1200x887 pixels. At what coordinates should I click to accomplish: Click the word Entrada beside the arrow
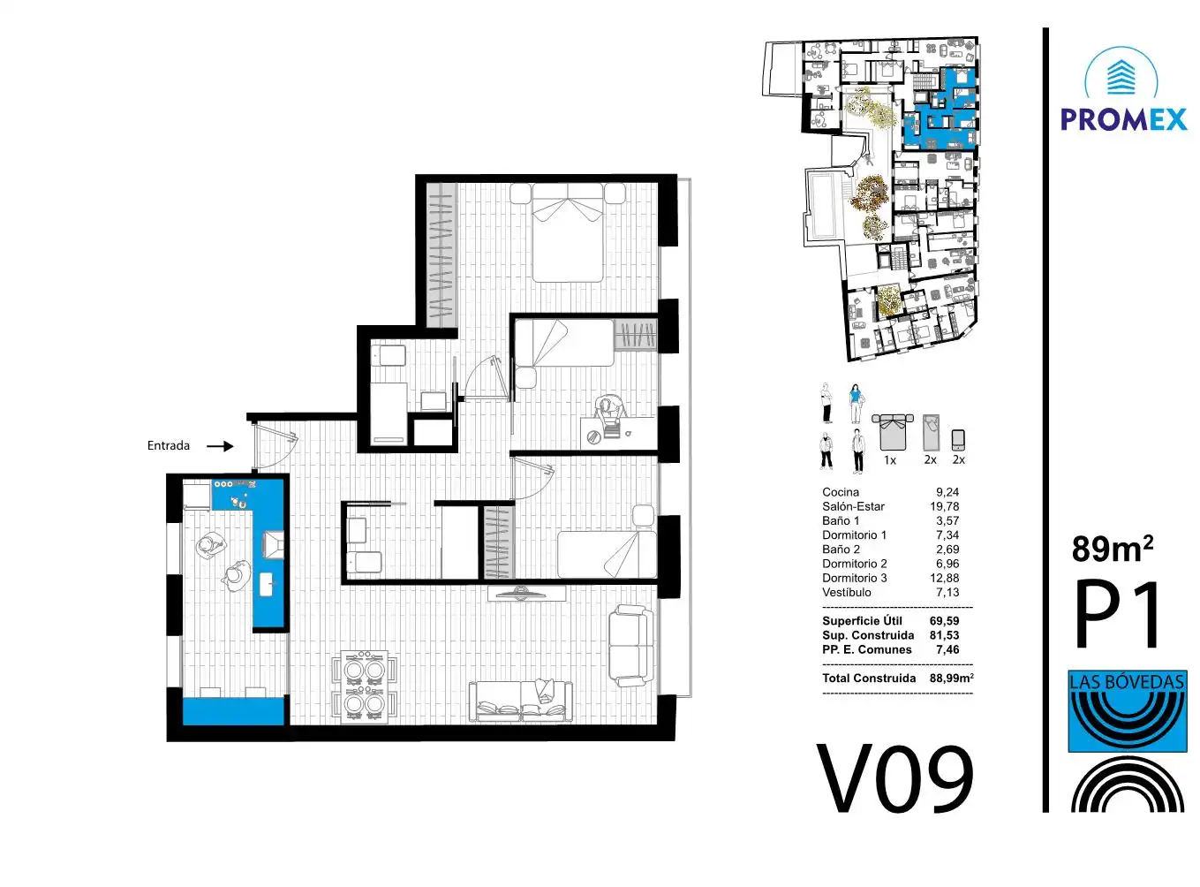coord(169,445)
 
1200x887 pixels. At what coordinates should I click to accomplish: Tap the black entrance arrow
coord(220,446)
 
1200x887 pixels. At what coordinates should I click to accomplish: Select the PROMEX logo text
coord(1123,119)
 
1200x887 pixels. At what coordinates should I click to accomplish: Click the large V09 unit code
coord(895,778)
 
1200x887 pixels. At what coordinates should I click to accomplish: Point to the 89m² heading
coord(1113,549)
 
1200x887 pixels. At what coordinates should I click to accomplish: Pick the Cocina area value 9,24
coord(947,492)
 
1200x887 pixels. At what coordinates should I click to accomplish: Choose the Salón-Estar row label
coord(853,506)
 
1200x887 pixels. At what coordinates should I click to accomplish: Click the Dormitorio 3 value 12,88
coord(945,578)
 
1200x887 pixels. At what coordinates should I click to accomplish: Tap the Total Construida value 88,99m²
coord(951,678)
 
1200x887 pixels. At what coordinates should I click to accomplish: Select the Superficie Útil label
coord(863,620)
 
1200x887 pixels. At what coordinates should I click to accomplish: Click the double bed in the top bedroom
coord(568,233)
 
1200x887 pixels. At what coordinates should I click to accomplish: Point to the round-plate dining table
coord(365,686)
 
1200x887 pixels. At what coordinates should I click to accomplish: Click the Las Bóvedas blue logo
coord(1128,711)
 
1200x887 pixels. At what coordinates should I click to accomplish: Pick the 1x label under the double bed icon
coord(890,460)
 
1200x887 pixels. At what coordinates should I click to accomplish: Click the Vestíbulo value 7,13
coord(947,593)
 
